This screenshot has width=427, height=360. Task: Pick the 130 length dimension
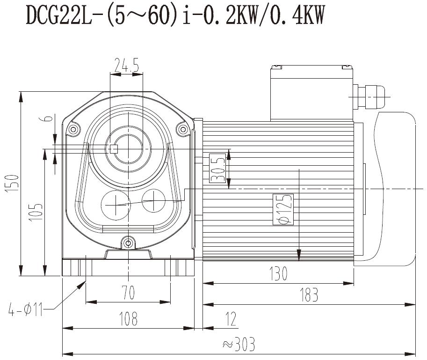pyautogui.click(x=278, y=273)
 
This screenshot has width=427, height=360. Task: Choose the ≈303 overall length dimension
pyautogui.click(x=239, y=345)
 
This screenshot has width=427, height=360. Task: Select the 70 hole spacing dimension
pyautogui.click(x=128, y=293)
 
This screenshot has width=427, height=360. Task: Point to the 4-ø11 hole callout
pyautogui.click(x=26, y=309)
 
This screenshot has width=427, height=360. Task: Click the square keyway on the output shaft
pyautogui.click(x=113, y=149)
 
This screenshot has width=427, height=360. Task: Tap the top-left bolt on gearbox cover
pyautogui.click(x=72, y=129)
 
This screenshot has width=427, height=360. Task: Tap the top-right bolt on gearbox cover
pyautogui.click(x=181, y=129)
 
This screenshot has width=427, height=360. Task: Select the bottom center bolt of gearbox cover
pyautogui.click(x=127, y=242)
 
